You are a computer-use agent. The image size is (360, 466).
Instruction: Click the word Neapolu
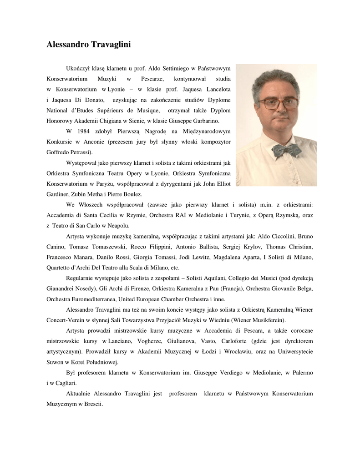tap(117, 225)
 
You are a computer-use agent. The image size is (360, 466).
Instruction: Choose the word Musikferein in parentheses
tap(263, 320)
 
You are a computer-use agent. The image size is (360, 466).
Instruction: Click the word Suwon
tap(56, 362)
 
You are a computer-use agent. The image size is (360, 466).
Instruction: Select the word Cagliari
tap(65, 383)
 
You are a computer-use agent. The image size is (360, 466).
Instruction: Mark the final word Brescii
tap(93, 404)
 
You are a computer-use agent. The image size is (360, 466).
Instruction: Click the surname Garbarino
tap(204, 121)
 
